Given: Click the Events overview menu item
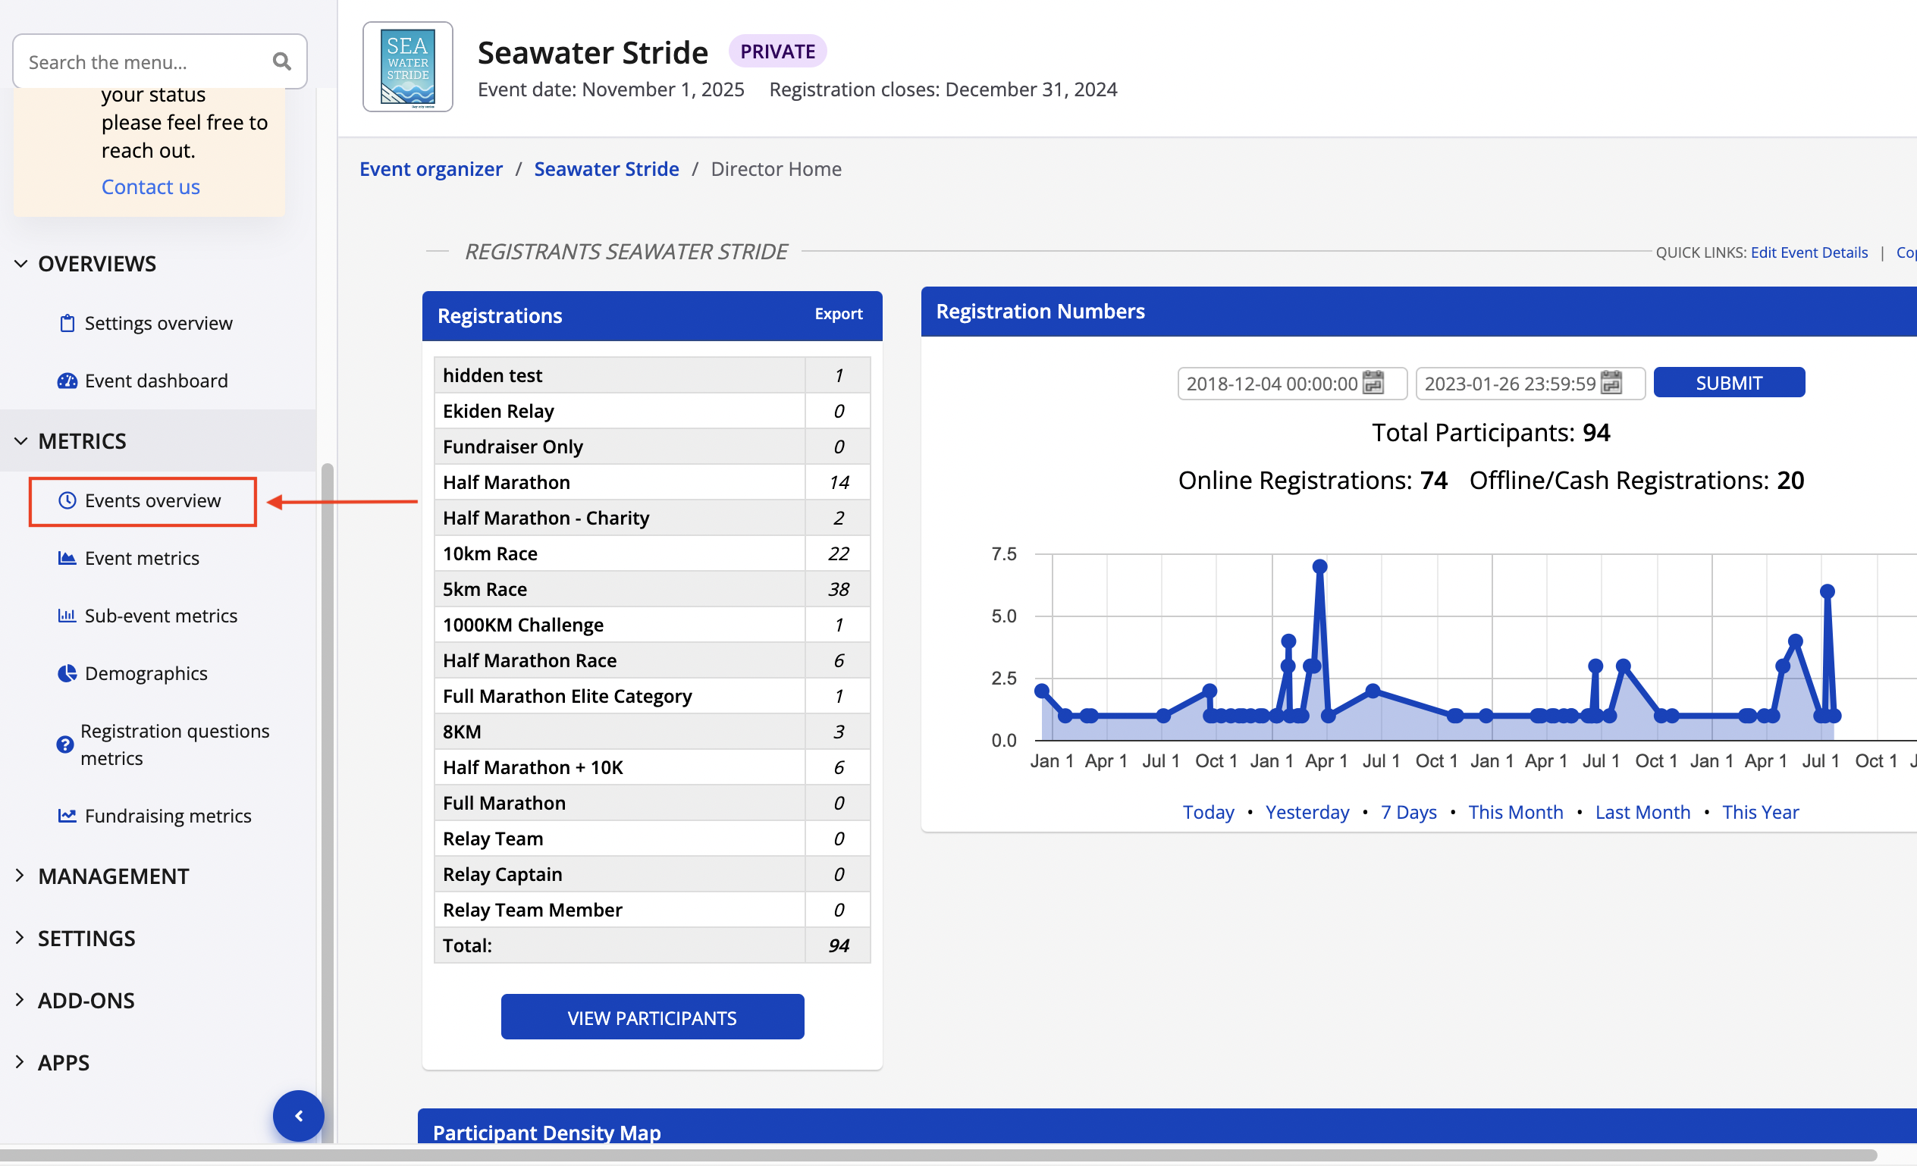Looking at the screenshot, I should point(152,500).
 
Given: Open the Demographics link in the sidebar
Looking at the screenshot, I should point(146,673).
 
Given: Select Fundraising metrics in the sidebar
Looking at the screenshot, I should point(168,816).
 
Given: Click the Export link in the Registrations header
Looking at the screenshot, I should point(838,315).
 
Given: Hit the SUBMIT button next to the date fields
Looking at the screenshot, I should point(1728,383).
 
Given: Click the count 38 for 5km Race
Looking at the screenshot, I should point(838,590).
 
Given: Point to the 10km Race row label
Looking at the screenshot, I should point(490,554).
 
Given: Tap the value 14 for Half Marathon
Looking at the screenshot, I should point(838,482).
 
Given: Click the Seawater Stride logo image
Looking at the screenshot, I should point(408,67).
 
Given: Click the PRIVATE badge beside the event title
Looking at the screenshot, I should point(777,52).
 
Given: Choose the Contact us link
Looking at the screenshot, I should point(150,186).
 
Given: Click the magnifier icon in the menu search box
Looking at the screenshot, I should point(281,61).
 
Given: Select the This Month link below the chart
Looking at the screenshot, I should point(1515,812).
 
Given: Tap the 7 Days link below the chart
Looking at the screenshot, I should point(1408,812).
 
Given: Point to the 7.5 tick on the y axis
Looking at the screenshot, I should point(1002,554).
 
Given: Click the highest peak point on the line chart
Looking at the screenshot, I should point(1319,566).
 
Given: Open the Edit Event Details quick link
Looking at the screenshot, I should point(1808,252).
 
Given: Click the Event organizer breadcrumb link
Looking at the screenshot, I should point(431,169).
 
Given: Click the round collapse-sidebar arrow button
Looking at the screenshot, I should point(298,1115).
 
